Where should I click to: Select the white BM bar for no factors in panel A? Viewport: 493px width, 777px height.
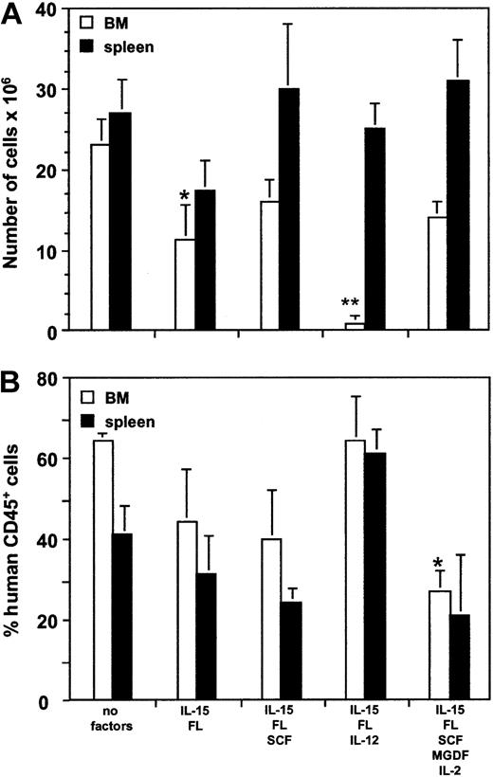[99, 237]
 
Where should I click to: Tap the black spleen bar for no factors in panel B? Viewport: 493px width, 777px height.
[122, 617]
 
